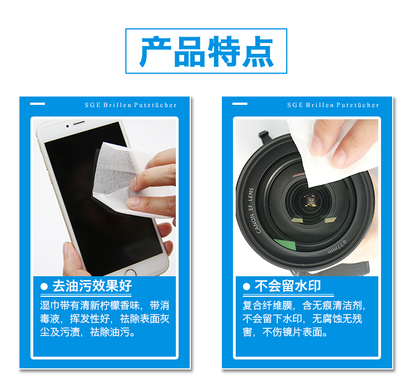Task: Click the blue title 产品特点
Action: click(x=206, y=51)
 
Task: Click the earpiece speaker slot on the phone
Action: click(x=79, y=123)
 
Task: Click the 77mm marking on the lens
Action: click(x=337, y=246)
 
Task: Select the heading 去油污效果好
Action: click(x=92, y=286)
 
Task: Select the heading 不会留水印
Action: click(x=288, y=286)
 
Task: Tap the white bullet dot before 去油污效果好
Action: click(x=44, y=287)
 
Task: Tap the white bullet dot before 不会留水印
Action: click(x=246, y=287)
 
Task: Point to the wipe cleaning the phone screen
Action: click(x=128, y=178)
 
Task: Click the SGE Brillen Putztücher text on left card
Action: click(x=130, y=105)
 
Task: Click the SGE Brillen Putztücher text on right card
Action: click(x=333, y=105)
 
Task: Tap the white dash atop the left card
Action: click(x=37, y=104)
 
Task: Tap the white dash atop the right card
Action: click(x=240, y=104)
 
